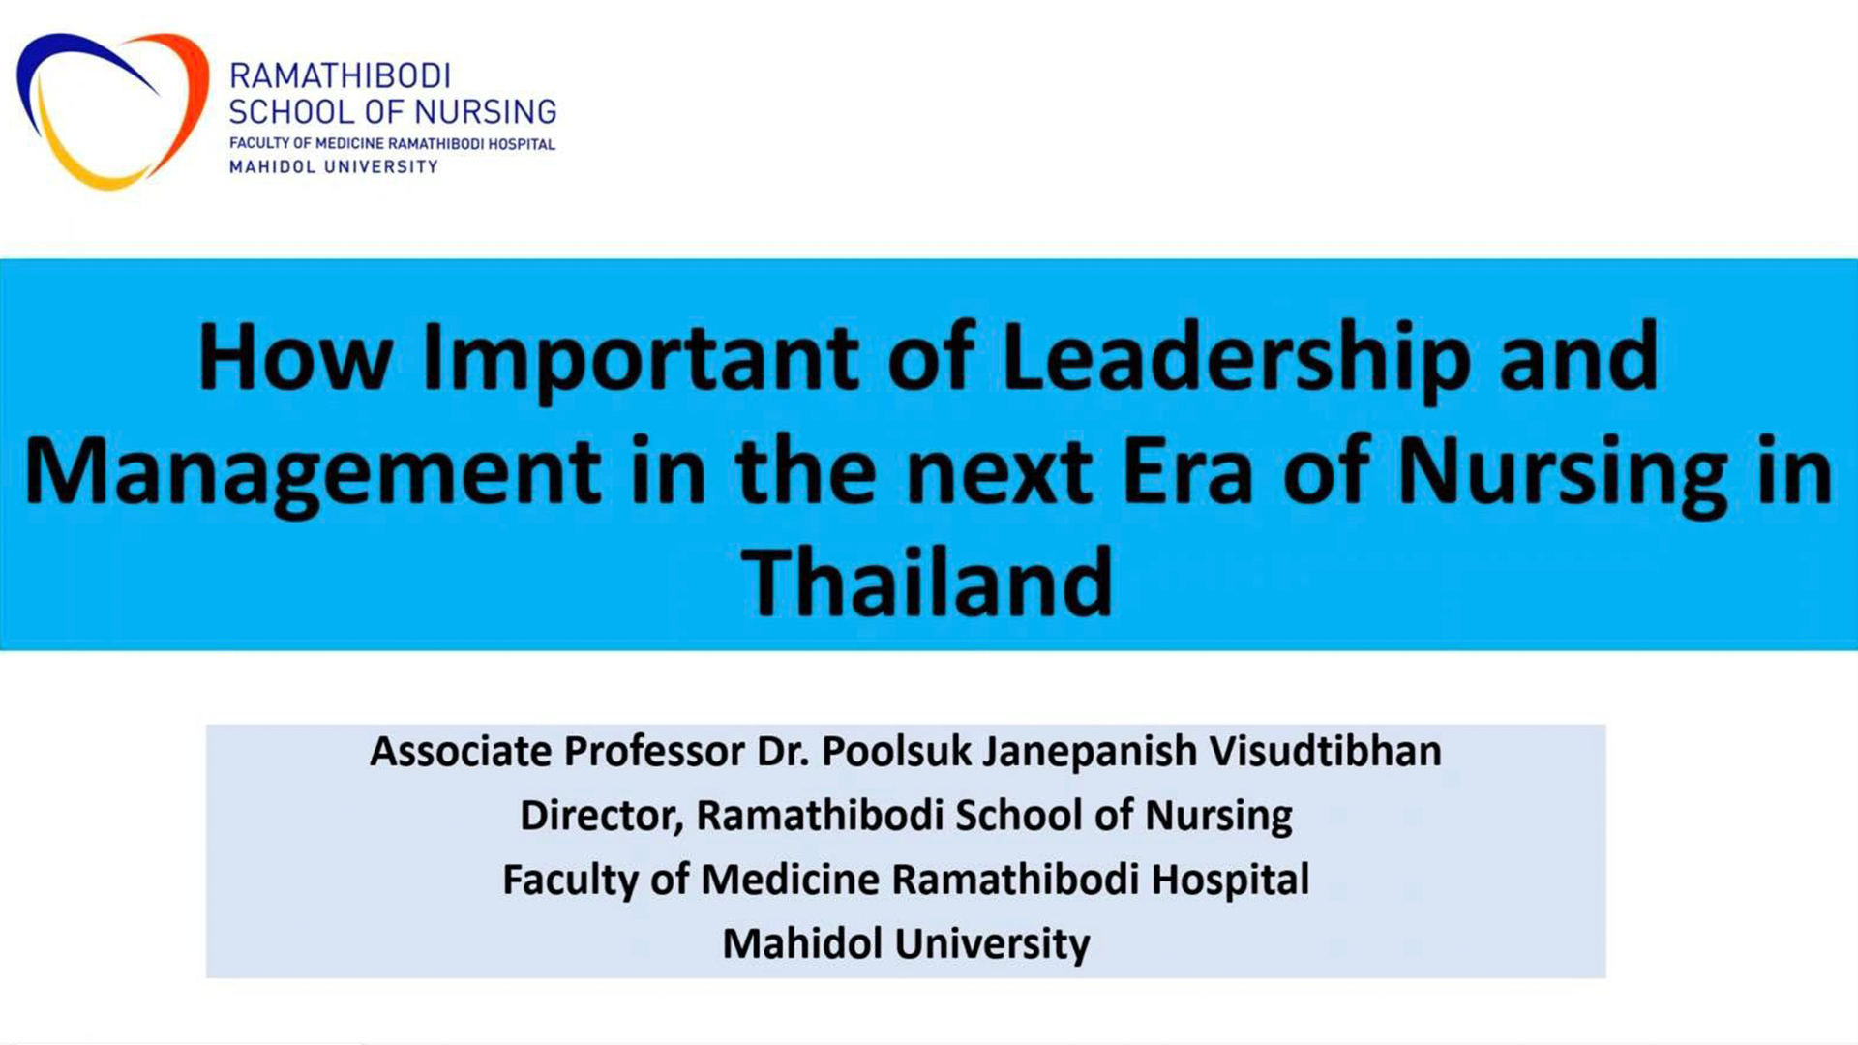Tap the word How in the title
click(294, 357)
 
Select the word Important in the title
click(640, 363)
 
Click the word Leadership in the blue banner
click(1237, 362)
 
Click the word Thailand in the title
click(927, 582)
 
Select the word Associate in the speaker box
click(461, 752)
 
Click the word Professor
click(654, 752)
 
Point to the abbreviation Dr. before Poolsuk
click(783, 752)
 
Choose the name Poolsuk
click(895, 752)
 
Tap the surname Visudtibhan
click(1326, 752)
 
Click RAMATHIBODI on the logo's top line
click(340, 76)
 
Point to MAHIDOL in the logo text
click(272, 167)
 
